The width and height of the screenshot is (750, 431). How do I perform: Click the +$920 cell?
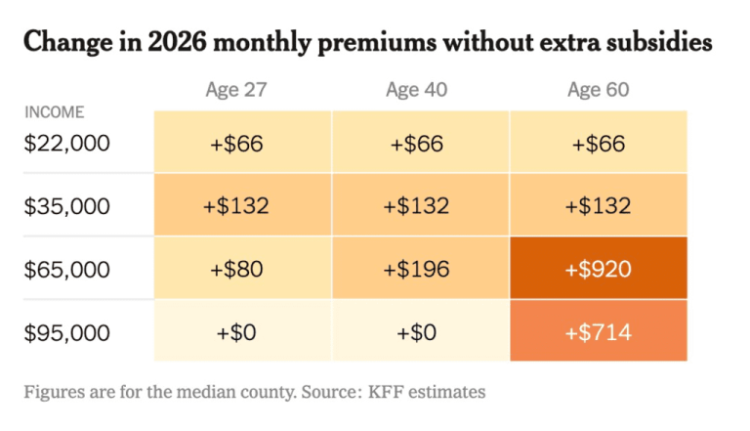[x=599, y=269]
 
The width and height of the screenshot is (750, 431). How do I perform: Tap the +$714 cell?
[x=599, y=331]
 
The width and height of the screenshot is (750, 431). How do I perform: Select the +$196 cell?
[x=418, y=269]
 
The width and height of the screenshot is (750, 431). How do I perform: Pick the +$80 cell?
[x=237, y=269]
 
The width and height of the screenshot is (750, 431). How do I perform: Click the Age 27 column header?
[x=236, y=90]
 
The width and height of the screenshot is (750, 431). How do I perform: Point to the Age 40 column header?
[x=417, y=90]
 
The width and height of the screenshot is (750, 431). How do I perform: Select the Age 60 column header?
[x=598, y=90]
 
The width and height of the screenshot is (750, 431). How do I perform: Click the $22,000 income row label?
[x=68, y=143]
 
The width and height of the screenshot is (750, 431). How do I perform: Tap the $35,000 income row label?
[x=68, y=206]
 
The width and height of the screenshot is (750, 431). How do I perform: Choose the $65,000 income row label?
[x=68, y=269]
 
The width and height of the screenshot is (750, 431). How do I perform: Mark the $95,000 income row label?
[x=68, y=331]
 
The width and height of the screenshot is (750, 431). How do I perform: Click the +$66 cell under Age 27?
[x=237, y=144]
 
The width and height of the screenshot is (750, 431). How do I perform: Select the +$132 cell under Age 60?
[x=599, y=206]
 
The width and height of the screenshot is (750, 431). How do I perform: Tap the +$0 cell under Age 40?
[x=418, y=331]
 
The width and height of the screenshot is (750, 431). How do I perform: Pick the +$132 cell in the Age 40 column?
[x=418, y=206]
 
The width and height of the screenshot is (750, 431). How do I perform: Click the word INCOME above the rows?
[x=55, y=112]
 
